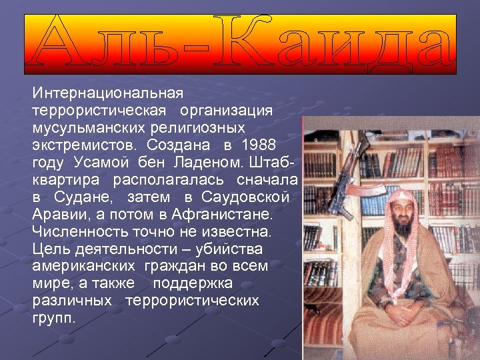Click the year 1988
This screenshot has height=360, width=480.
(x=259, y=144)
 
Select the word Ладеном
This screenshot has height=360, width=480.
(x=207, y=162)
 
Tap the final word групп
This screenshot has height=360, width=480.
(x=54, y=318)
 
